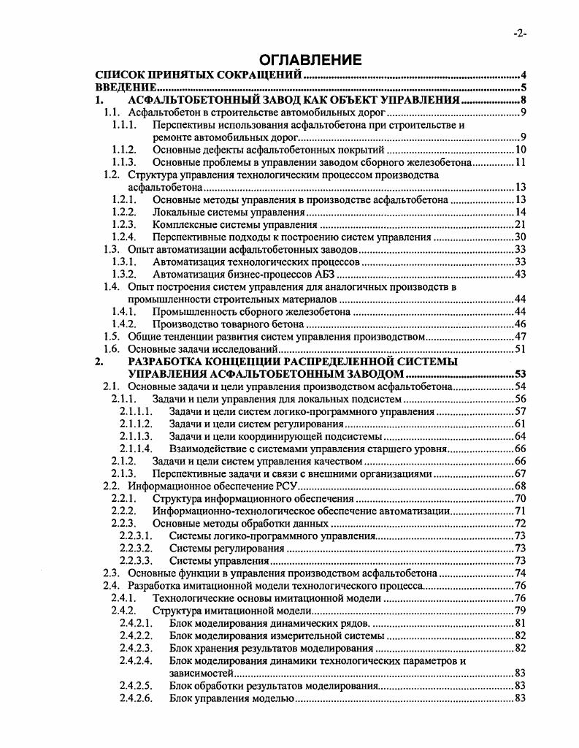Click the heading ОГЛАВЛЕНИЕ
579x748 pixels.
302,60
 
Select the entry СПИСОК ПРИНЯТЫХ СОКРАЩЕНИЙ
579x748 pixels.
199,75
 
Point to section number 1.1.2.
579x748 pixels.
123,150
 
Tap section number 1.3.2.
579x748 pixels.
123,274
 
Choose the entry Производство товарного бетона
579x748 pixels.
227,324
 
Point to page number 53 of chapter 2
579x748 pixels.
521,373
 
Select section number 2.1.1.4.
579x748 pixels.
136,448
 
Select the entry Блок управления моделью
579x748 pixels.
231,698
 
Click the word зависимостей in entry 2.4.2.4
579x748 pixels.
201,672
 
